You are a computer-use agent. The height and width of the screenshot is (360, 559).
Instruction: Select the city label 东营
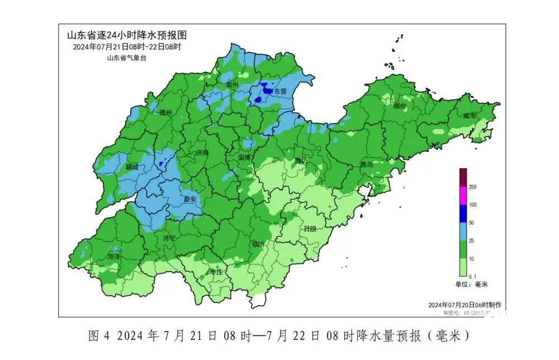(280, 91)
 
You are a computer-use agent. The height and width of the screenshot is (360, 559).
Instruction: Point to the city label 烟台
(399, 105)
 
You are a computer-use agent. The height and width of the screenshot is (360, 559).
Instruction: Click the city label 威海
(469, 116)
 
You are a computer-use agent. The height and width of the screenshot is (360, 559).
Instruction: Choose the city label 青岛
(367, 164)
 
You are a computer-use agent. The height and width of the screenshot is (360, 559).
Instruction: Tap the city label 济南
(202, 153)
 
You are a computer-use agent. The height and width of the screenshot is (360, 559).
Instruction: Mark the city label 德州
(165, 113)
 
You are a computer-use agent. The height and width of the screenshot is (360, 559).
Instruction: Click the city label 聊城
(132, 167)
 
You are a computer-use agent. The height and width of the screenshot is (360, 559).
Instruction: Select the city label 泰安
(190, 199)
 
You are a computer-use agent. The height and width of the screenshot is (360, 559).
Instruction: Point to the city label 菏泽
(114, 257)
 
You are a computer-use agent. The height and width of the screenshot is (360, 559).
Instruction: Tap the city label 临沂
(258, 244)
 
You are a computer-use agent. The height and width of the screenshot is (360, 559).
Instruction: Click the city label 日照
(310, 229)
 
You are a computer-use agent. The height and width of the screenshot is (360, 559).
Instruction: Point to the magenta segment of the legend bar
(463, 196)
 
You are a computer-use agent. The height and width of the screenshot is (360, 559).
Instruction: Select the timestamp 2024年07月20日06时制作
(464, 305)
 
